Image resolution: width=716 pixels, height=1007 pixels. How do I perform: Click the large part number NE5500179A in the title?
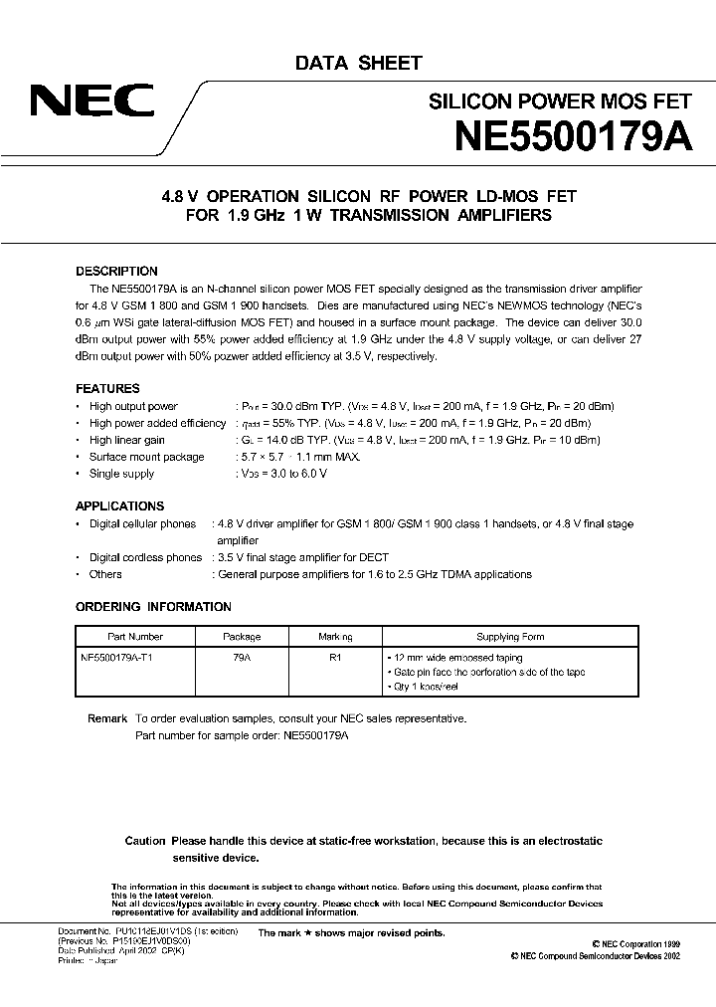(x=572, y=135)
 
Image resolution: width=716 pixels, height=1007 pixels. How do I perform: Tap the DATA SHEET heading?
(x=358, y=63)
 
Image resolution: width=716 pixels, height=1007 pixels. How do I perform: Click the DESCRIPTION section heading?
(x=116, y=271)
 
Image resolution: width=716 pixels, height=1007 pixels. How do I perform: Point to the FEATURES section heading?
(x=107, y=388)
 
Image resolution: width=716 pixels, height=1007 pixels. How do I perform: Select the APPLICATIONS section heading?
(x=119, y=505)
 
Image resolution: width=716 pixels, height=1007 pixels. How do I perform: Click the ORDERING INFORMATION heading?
(x=153, y=607)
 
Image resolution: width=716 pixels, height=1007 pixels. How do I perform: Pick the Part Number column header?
(x=134, y=637)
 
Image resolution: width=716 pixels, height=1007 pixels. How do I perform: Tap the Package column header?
(x=242, y=637)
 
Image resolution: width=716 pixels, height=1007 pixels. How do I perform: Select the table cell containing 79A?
(x=242, y=658)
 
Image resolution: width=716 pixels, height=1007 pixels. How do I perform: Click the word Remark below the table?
(x=107, y=718)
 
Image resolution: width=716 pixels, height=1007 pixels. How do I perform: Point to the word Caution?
(x=144, y=841)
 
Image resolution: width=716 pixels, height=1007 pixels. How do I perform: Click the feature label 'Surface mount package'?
(x=146, y=457)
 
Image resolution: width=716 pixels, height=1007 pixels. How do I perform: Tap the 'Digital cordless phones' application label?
(x=145, y=557)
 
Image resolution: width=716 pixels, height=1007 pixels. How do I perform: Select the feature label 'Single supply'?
(x=123, y=474)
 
